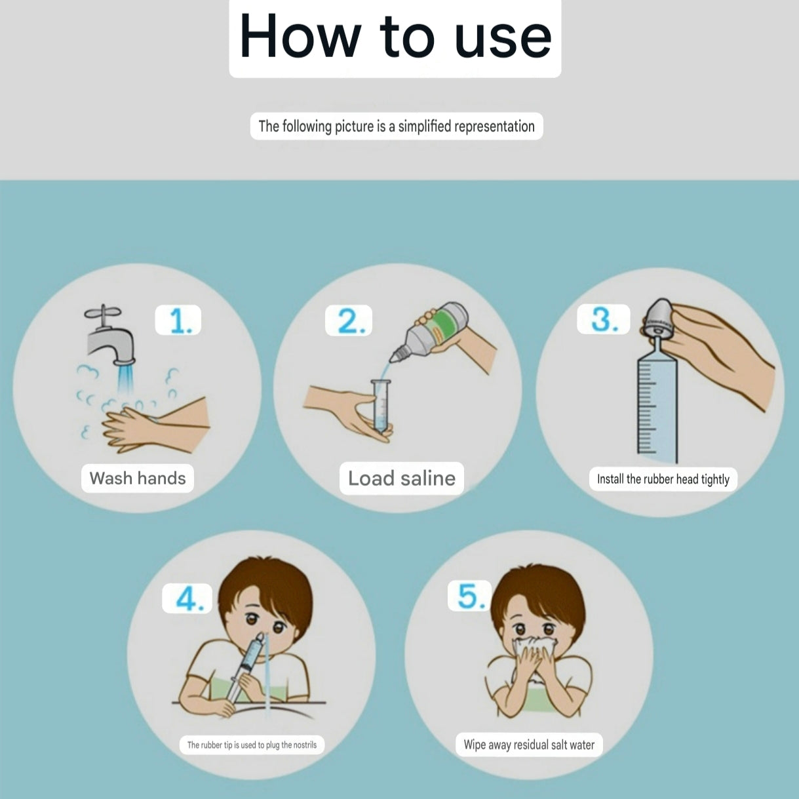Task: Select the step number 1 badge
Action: [178, 320]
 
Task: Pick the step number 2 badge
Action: [349, 321]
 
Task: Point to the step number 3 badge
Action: [603, 319]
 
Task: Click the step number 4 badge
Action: [187, 598]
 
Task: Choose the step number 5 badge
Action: [469, 595]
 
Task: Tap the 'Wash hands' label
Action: [138, 478]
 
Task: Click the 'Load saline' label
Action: [402, 478]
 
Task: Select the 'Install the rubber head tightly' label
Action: [663, 479]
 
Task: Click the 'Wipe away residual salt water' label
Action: [529, 745]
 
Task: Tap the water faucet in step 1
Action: [110, 336]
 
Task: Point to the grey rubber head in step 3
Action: [659, 317]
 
